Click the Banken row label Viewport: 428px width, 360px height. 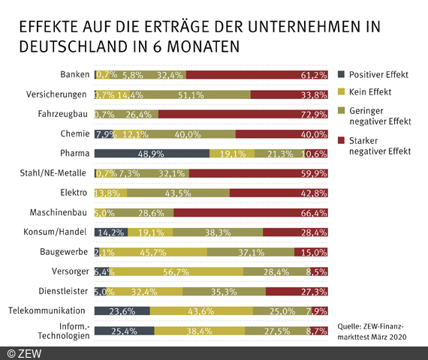coord(75,75)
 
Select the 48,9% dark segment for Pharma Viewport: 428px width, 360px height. coord(152,153)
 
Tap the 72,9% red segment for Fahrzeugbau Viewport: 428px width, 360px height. coord(243,114)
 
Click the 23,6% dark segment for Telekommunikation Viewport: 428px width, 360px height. coord(122,310)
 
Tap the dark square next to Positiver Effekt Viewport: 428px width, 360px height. coord(342,74)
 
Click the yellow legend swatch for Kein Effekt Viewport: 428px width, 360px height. coord(342,92)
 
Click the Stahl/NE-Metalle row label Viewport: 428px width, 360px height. coord(58,172)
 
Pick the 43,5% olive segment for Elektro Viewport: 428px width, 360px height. coord(179,193)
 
